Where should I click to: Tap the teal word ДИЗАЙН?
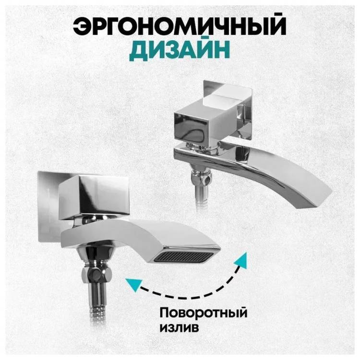(180, 50)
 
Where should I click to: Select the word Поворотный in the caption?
(204, 313)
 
